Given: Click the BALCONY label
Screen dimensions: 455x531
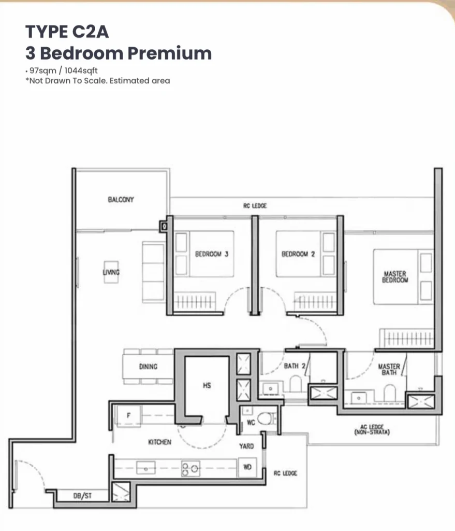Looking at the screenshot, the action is (x=121, y=200).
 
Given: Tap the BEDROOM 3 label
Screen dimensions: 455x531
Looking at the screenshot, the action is (x=212, y=254).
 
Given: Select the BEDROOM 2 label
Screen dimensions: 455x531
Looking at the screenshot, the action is (x=298, y=254).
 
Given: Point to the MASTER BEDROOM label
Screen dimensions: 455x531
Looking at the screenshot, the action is (x=395, y=277).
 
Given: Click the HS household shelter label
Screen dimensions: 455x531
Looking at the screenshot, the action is (x=207, y=385).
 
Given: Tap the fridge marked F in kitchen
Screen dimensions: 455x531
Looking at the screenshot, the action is (x=128, y=415).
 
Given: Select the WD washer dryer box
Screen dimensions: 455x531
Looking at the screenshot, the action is (x=247, y=467).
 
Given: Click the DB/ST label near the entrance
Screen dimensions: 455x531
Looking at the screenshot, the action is (x=82, y=496).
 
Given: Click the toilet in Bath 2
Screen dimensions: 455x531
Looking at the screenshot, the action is (x=296, y=384).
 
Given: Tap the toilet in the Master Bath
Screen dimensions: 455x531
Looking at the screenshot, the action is (x=390, y=393).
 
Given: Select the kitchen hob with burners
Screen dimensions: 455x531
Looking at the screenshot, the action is (x=190, y=469).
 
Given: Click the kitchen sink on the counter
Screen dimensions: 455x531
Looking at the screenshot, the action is (x=145, y=468).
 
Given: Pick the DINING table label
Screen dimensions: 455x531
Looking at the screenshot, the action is (x=148, y=367).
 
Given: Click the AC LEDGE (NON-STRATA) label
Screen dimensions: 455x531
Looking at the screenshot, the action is (x=372, y=429).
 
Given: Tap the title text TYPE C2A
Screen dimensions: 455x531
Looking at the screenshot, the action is (x=67, y=32).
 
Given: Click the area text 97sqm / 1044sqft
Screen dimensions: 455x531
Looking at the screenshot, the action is (x=64, y=71).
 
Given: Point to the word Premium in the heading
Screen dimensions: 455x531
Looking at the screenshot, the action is (x=170, y=53).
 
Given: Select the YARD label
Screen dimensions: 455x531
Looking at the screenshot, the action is (x=246, y=446).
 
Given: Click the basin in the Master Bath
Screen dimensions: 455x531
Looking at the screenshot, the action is (x=359, y=397).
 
